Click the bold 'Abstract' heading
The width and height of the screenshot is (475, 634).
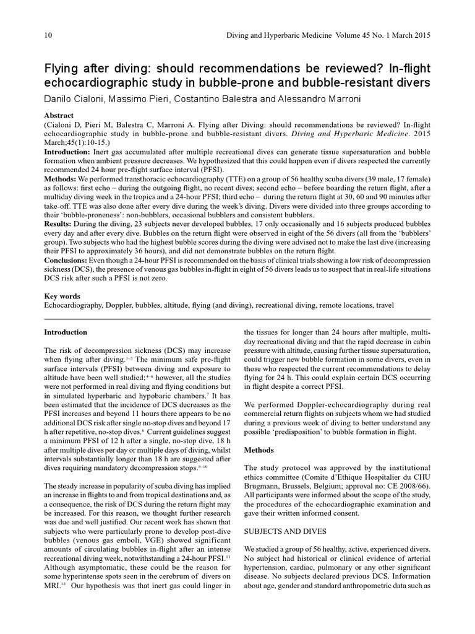pos(59,116)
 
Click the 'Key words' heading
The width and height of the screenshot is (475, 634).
pos(61,296)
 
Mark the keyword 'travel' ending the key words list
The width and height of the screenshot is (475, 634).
pos(382,305)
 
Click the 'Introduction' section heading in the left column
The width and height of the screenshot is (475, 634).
pos(66,332)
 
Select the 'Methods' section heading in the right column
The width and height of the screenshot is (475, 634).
pos(260,449)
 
